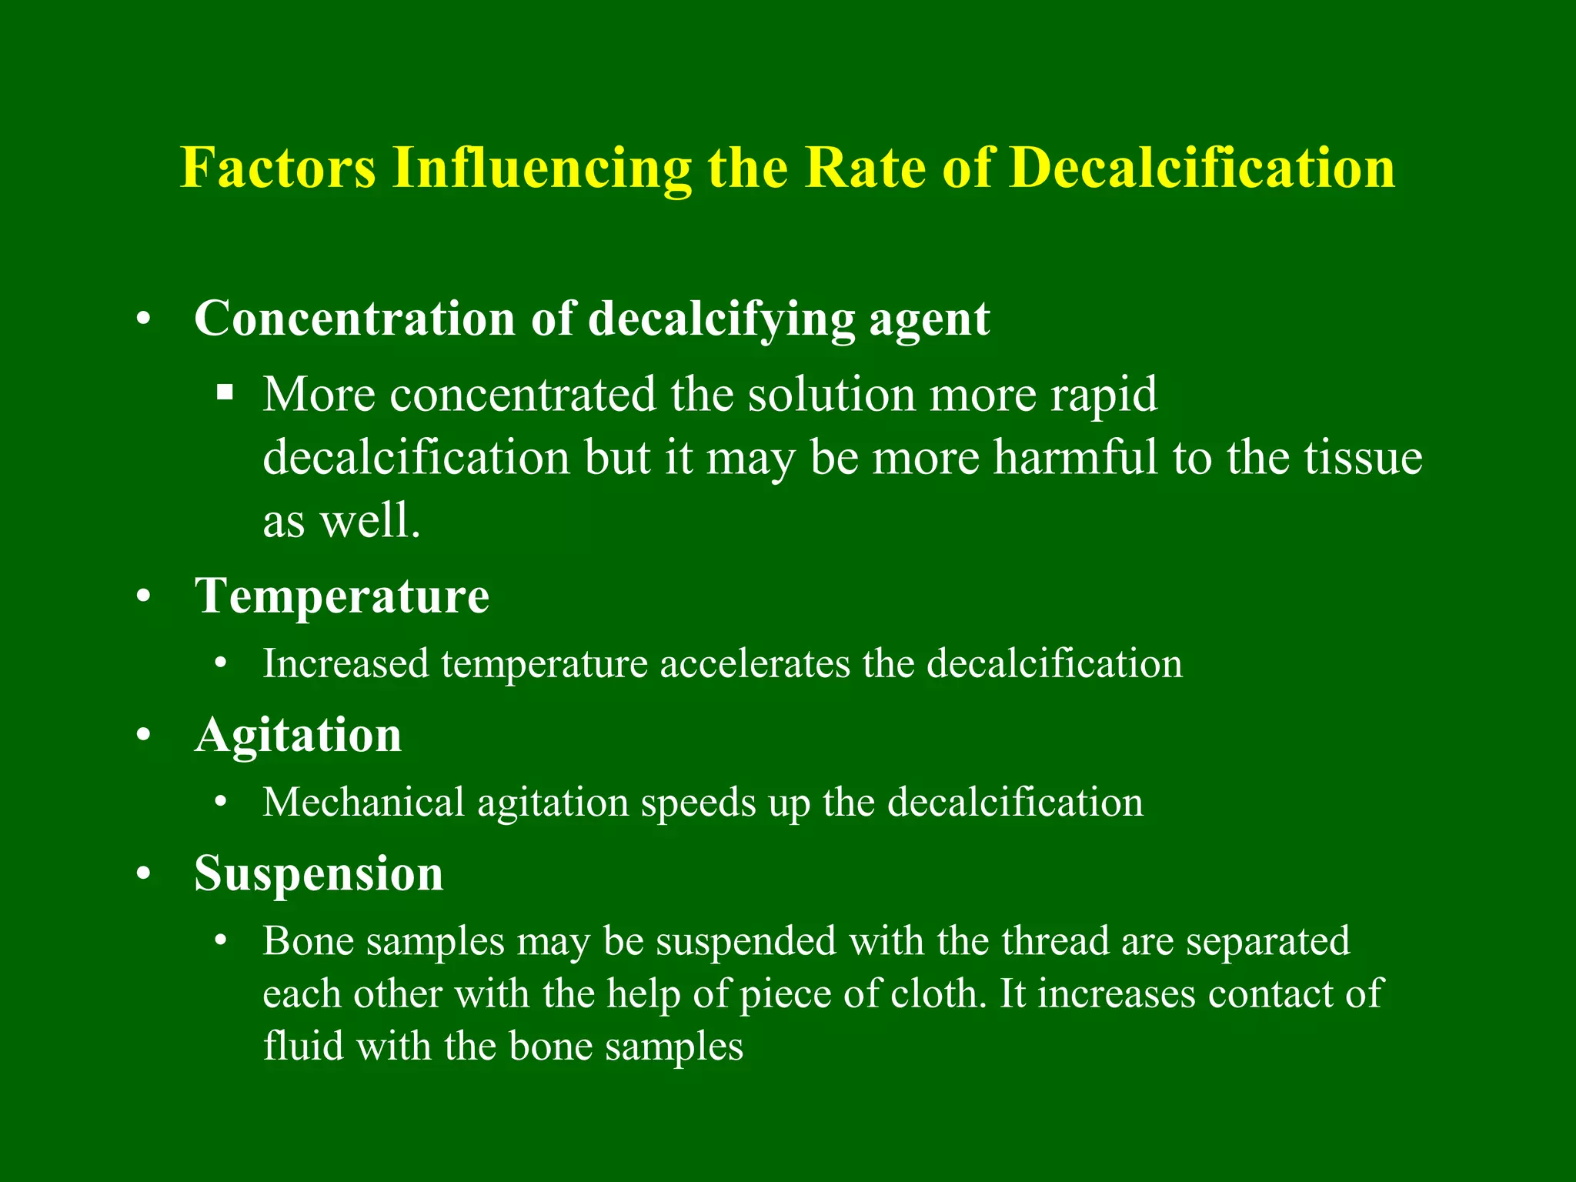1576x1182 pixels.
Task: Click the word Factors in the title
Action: [x=278, y=167]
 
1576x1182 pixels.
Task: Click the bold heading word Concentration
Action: [x=354, y=318]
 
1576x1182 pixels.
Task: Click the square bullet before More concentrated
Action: [x=225, y=393]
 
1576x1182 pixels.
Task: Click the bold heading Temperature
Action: [x=342, y=596]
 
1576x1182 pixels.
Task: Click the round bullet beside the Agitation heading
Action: [x=143, y=735]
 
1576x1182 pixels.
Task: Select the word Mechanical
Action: [x=363, y=802]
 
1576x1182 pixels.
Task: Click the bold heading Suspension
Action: [x=319, y=874]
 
